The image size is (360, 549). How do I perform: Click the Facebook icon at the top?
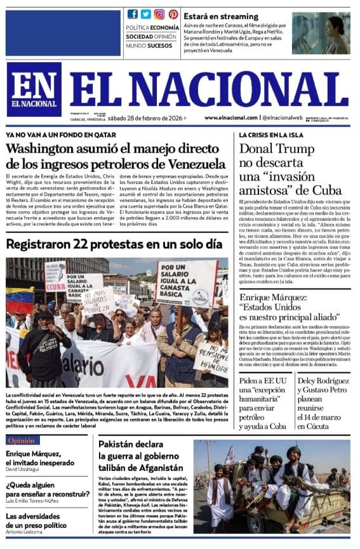pyautogui.click(x=133, y=14)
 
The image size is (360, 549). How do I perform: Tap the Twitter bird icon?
pyautogui.click(x=146, y=14)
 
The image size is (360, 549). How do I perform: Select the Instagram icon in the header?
pyautogui.click(x=159, y=14)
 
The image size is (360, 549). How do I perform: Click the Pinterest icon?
pyautogui.click(x=173, y=14)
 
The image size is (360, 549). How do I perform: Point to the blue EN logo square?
pyautogui.click(x=34, y=89)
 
